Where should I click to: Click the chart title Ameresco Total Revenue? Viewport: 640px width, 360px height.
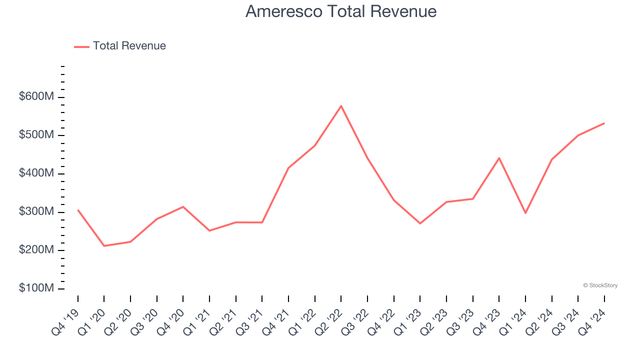point(341,11)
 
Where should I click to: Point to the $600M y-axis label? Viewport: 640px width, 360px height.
point(36,97)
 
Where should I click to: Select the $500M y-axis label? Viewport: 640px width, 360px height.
point(36,135)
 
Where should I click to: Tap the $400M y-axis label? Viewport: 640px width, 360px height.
point(36,173)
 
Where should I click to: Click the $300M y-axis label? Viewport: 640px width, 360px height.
point(36,212)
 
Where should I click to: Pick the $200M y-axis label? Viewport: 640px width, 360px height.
point(36,250)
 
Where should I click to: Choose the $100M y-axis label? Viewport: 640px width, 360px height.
point(36,288)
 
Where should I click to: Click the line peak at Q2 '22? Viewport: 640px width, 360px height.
point(341,106)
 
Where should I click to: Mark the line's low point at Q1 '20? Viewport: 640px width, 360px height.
point(104,246)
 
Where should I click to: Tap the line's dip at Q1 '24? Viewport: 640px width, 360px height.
point(525,213)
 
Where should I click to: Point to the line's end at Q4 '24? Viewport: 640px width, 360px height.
point(604,123)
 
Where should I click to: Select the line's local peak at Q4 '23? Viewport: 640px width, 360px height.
point(499,158)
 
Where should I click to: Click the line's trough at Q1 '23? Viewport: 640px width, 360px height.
point(420,223)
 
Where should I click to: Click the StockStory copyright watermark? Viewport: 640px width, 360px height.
point(600,285)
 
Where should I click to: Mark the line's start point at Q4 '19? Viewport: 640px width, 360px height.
point(78,210)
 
